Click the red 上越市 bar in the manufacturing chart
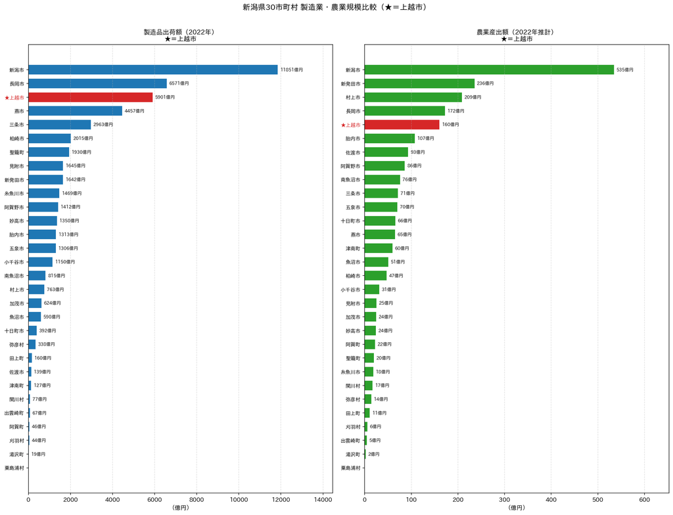91,97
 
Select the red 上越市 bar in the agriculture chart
402,125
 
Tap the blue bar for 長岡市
97,83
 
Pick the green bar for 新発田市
419,83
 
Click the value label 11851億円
291,70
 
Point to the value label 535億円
625,70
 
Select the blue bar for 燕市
75,111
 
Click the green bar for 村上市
413,97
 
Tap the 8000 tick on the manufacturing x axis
197,499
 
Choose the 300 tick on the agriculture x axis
504,499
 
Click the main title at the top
336,7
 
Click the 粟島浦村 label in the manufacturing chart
14,468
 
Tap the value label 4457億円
134,111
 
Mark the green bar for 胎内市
390,139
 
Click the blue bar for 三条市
60,125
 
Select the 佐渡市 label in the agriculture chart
353,152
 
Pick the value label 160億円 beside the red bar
450,125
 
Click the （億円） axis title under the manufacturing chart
181,508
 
